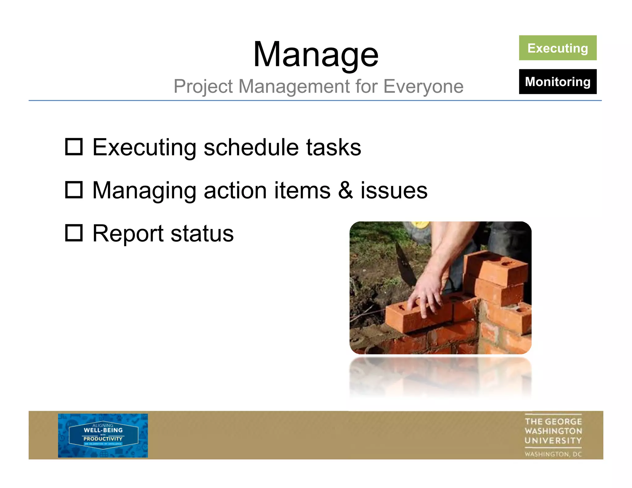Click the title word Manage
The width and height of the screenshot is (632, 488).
(315, 55)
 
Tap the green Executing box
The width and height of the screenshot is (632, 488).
(557, 48)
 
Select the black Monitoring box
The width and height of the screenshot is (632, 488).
(557, 82)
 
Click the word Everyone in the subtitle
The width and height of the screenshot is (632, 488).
(423, 86)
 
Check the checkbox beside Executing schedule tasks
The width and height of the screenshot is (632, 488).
(74, 147)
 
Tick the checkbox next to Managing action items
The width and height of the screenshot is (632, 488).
(74, 190)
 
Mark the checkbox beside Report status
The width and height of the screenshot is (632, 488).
(74, 233)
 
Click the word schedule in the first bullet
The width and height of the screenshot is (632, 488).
(251, 147)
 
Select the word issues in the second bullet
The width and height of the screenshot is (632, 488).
(394, 190)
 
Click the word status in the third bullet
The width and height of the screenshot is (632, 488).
(202, 234)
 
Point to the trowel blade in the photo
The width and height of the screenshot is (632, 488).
(405, 265)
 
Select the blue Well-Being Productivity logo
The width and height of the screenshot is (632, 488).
(103, 435)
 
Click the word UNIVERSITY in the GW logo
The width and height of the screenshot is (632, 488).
(553, 440)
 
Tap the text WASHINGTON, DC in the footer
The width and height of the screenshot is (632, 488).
(553, 454)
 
